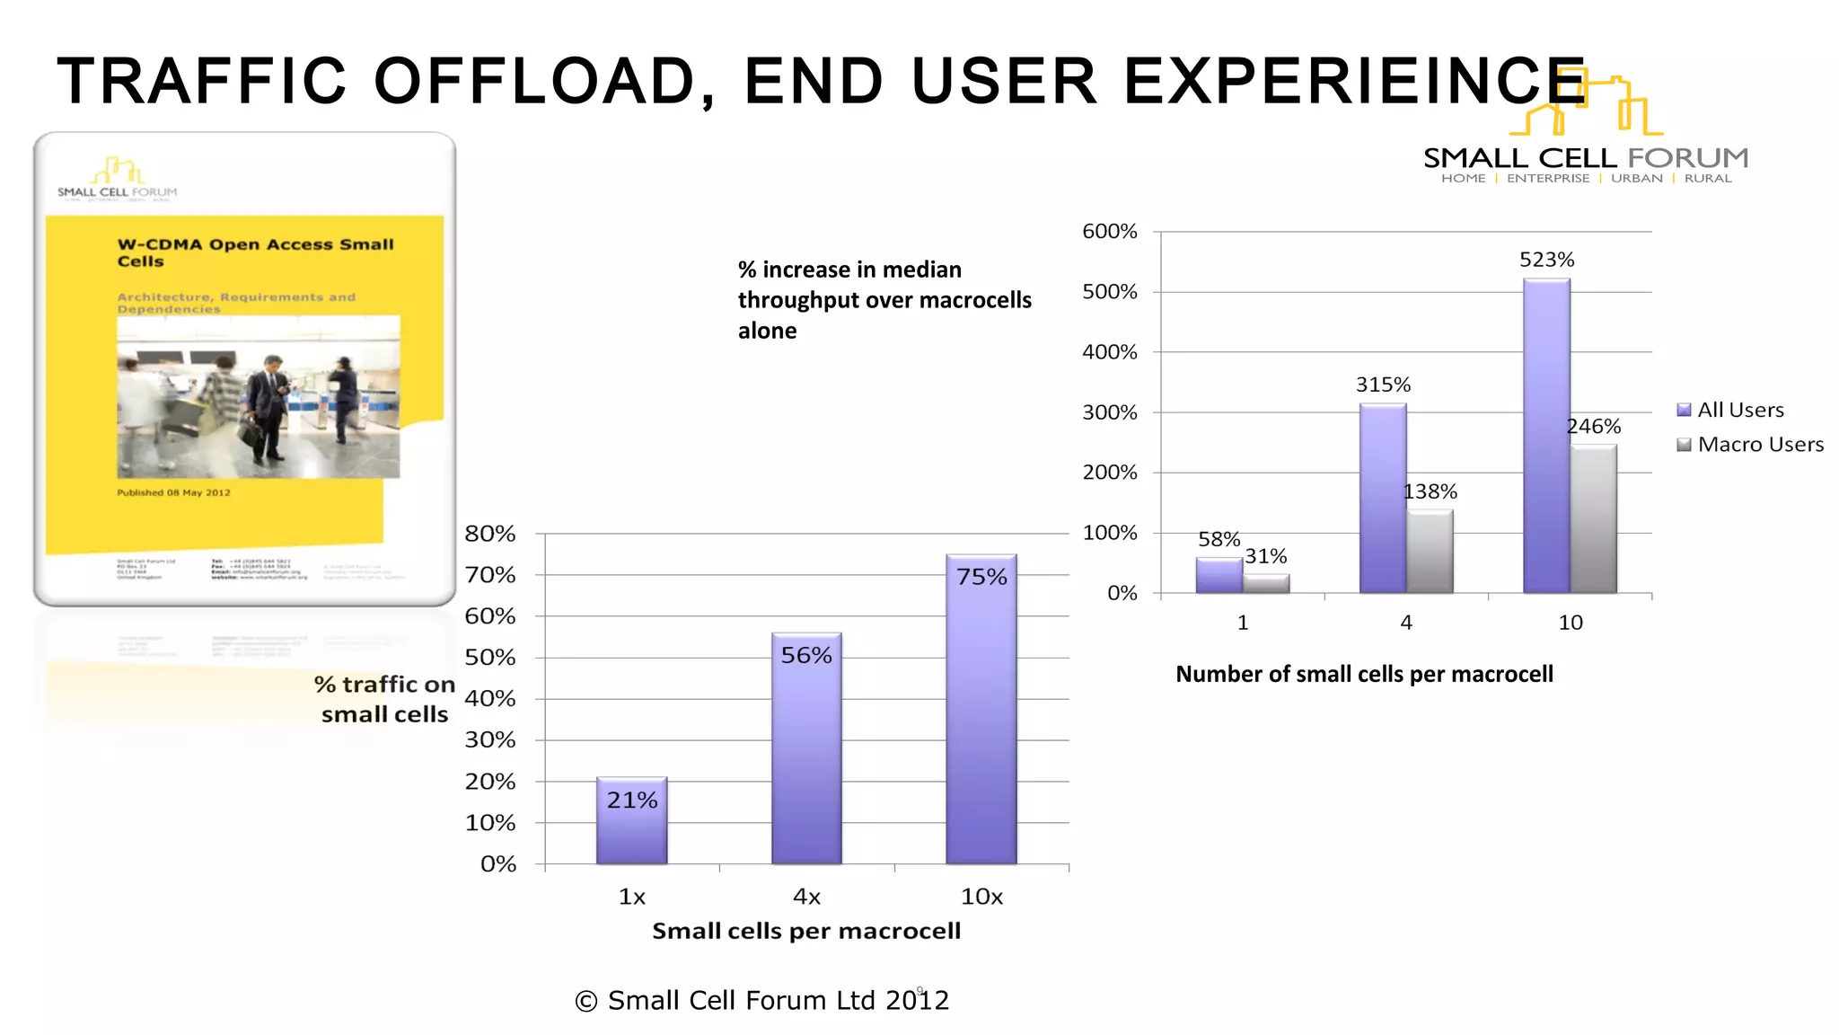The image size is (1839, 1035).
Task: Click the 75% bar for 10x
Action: [x=981, y=719]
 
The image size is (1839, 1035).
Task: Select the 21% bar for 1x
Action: [x=631, y=827]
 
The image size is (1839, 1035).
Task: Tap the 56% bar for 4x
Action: [x=806, y=755]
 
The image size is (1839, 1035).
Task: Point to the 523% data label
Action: [x=1546, y=260]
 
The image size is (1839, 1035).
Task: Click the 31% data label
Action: [x=1265, y=556]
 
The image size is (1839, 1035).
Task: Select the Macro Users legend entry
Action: [x=1750, y=445]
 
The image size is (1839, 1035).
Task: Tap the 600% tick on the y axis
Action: [x=1110, y=232]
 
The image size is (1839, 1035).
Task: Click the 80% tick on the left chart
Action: [x=490, y=534]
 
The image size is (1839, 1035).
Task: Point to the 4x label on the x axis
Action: [x=806, y=897]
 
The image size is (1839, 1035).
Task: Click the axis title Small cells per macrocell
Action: [x=806, y=931]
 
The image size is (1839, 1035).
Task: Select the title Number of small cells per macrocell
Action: [x=1364, y=674]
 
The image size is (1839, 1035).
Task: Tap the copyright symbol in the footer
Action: [x=586, y=1001]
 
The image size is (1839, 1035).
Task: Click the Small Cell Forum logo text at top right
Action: [x=1586, y=158]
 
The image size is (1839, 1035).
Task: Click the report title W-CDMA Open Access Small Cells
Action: [x=255, y=252]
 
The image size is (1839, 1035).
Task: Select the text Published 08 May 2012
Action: [x=173, y=492]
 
